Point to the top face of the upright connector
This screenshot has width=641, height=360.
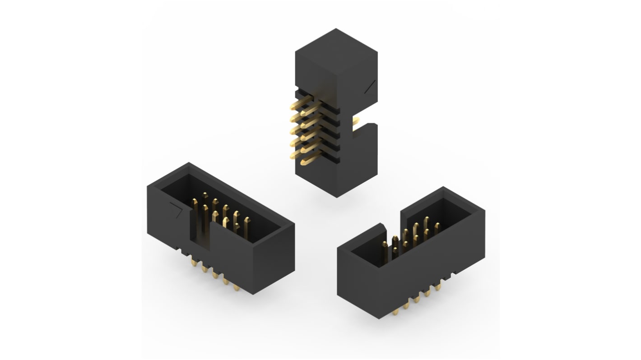click(336, 52)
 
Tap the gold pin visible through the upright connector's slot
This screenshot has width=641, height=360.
click(356, 120)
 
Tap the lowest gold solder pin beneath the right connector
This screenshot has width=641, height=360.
click(398, 309)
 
